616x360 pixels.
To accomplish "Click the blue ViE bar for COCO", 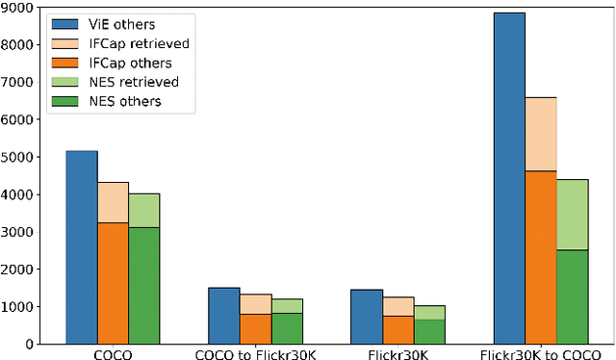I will (82, 246).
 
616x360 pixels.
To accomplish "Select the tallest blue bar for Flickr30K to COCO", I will (509, 178).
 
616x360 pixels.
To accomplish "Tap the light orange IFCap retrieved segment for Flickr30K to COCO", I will (540, 134).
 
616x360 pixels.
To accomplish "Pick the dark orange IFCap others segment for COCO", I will (113, 283).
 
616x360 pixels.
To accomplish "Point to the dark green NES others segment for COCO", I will (144, 286).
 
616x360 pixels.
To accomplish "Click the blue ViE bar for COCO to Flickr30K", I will (224, 315).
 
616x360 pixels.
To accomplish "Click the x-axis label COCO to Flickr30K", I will (255, 353).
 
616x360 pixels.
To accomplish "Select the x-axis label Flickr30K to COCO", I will (540, 353).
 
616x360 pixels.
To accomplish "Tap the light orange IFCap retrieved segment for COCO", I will (113, 202).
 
